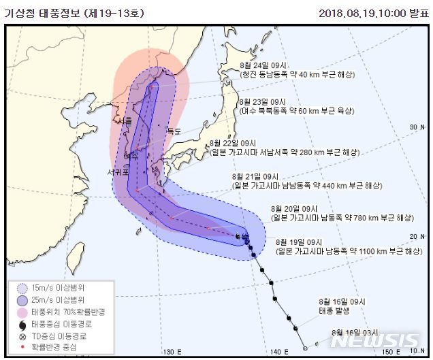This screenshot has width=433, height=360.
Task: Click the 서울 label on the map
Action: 125,120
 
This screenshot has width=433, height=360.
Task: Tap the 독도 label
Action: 174,131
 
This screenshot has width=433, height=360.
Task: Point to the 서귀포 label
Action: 118,173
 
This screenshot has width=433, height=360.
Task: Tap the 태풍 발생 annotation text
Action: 333,310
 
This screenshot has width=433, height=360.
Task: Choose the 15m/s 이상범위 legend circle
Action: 22,288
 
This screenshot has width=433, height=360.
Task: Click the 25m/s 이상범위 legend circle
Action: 22,299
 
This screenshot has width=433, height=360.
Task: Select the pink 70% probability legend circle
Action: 22,312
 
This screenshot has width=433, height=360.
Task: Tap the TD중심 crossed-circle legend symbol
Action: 22,336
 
